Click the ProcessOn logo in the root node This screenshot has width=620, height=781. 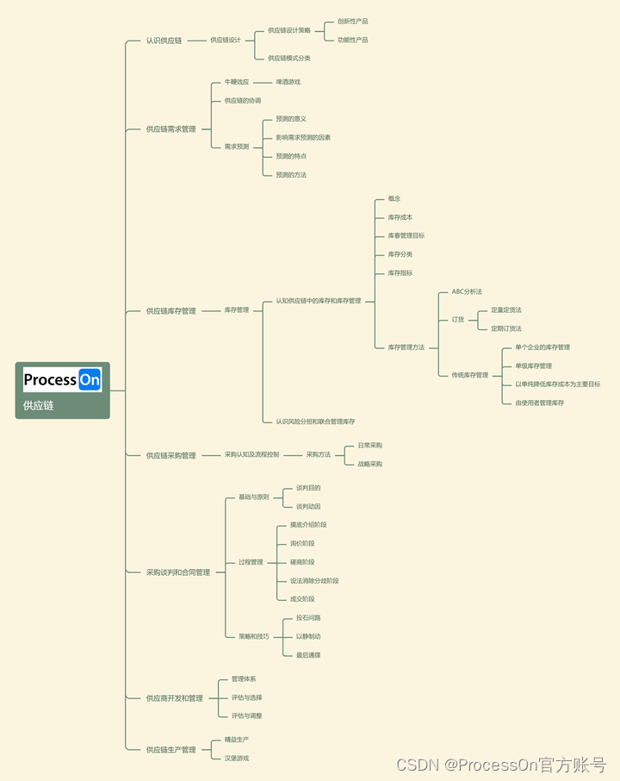click(62, 379)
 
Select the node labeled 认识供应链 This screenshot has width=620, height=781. click(164, 41)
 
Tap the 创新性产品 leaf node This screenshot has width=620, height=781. click(352, 21)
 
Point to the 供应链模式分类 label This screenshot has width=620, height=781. click(288, 59)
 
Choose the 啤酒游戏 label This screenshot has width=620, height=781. click(288, 82)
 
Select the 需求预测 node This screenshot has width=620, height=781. click(236, 147)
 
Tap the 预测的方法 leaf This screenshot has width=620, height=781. click(291, 175)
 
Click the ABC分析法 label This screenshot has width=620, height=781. click(467, 292)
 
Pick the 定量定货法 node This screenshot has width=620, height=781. click(505, 310)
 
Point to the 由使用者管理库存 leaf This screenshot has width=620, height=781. click(539, 403)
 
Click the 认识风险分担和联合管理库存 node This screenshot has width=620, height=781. click(315, 422)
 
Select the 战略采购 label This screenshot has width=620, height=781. click(369, 464)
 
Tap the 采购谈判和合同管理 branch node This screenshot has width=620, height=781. click(177, 572)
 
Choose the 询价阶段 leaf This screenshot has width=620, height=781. click(302, 543)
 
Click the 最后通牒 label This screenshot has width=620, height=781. click(308, 655)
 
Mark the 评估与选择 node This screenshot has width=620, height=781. click(246, 697)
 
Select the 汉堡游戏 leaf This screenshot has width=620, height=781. click(236, 759)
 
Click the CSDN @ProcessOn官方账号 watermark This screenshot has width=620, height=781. click(500, 765)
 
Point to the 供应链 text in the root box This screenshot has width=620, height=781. click(39, 405)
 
